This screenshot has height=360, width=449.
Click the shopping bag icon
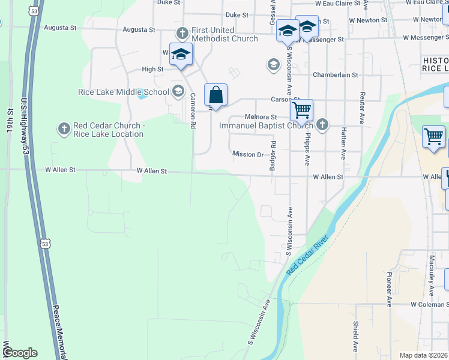pos(215,95)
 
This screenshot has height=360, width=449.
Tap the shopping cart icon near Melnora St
pos(301,110)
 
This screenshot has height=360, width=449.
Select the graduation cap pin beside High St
pos(181,55)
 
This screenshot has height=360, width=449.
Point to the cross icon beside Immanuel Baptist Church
pos(322,125)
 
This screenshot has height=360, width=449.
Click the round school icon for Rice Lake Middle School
pos(178,92)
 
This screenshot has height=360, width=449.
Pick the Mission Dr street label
pos(248,154)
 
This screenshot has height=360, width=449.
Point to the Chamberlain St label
pos(336,75)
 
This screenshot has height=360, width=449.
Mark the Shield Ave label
pos(356,336)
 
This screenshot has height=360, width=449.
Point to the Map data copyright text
pos(423,355)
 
